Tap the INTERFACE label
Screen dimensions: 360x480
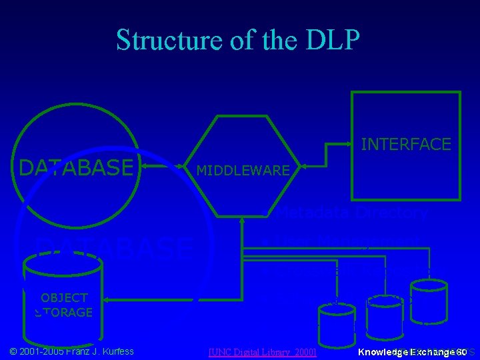pos(405,144)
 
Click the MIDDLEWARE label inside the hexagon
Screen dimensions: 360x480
pos(243,171)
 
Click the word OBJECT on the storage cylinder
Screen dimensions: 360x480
pos(64,298)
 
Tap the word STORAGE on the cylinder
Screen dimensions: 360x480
pos(64,312)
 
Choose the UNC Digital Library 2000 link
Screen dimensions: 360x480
pos(262,351)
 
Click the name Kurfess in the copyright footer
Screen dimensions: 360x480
pos(115,351)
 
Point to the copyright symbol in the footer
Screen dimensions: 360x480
pos(13,351)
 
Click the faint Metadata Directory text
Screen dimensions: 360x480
pos(351,213)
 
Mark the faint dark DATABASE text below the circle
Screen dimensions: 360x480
pos(113,247)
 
